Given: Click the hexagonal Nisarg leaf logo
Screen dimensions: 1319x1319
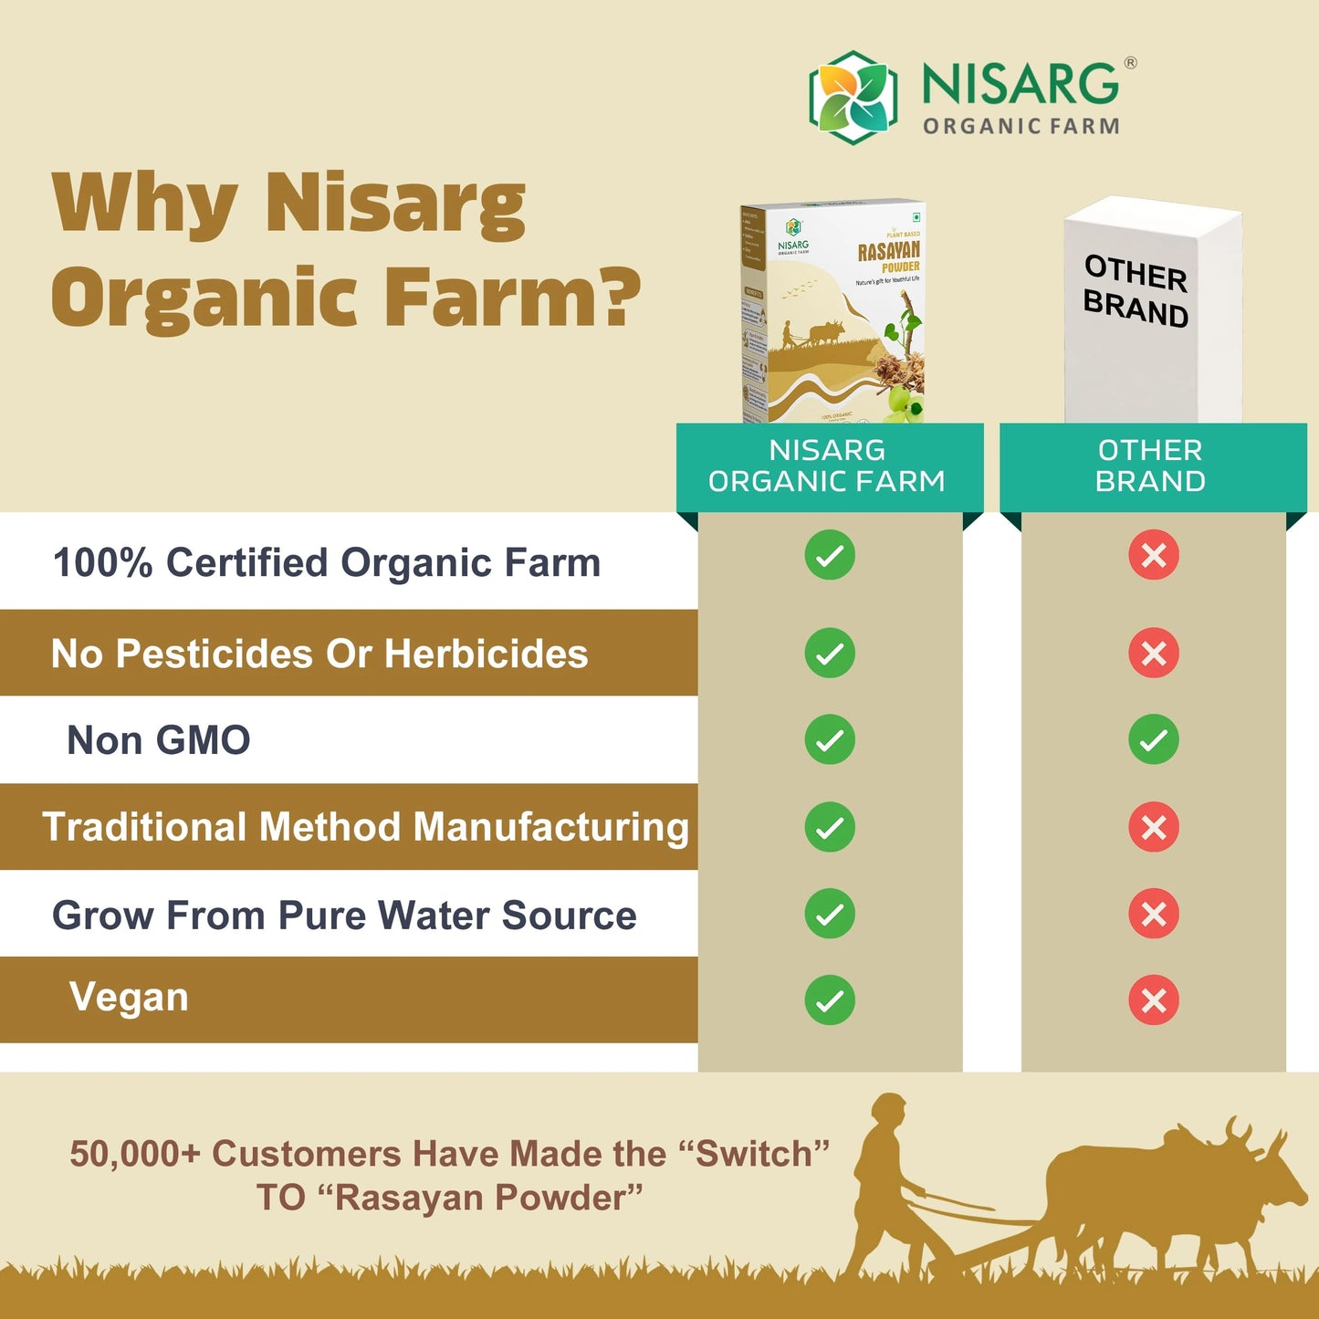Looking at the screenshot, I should [x=853, y=98].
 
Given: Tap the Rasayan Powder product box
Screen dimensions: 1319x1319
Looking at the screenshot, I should [x=832, y=312].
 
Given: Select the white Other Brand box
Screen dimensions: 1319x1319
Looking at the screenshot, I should [x=1152, y=310].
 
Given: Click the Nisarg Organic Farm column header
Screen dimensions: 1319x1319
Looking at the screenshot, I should [x=828, y=466].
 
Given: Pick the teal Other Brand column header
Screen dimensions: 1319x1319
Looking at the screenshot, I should [x=1151, y=466].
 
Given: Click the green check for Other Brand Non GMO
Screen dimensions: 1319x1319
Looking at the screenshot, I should [x=1153, y=739].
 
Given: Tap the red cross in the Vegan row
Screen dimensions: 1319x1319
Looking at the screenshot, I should [x=1153, y=1000].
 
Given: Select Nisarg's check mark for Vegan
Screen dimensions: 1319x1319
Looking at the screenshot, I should [x=830, y=1000].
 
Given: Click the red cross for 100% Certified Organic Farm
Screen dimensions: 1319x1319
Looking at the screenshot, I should [x=1153, y=555].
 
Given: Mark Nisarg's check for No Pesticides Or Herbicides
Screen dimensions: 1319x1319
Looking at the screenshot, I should [x=830, y=654].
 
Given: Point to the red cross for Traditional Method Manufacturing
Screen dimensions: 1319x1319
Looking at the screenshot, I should [x=1153, y=827].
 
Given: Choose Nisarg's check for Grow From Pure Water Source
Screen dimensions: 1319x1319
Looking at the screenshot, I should [x=830, y=914].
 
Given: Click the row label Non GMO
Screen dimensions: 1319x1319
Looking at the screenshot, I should [x=159, y=740].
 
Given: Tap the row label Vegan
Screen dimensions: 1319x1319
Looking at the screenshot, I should [x=129, y=997].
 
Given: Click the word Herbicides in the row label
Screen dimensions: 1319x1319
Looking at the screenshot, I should [x=487, y=654].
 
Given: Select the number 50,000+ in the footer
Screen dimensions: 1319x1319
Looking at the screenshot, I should [x=134, y=1154].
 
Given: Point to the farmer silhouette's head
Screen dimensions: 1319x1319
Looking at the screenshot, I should [x=888, y=1112].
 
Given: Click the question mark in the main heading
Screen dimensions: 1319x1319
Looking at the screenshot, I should [x=617, y=298].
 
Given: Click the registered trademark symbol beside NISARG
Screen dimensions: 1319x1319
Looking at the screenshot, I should [x=1130, y=63].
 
